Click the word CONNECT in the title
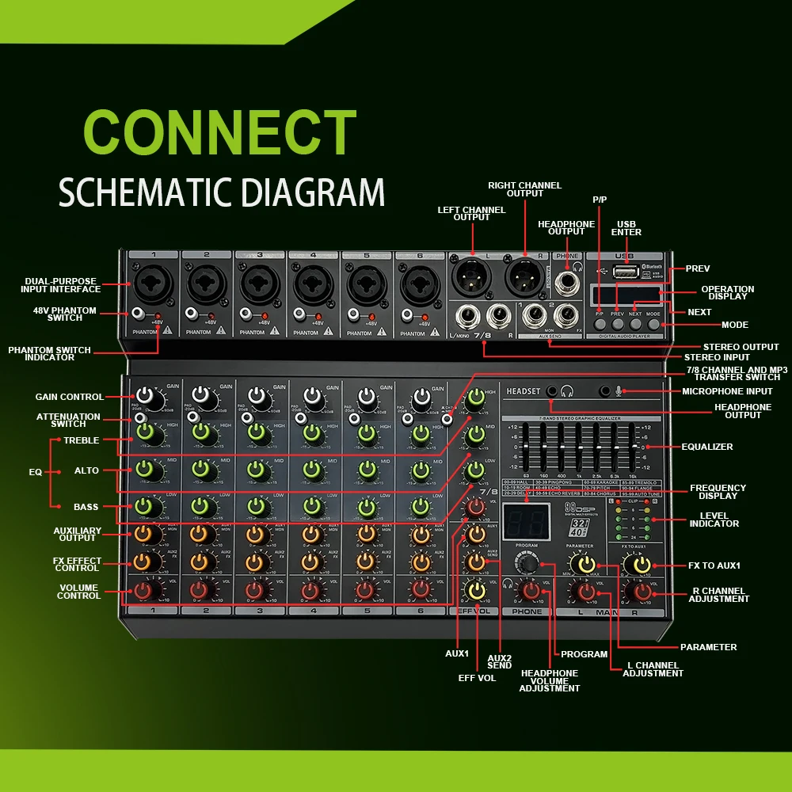pos(219,131)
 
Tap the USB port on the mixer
pos(625,272)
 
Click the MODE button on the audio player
pos(653,323)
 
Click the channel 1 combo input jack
pos(150,282)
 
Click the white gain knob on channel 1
pos(146,396)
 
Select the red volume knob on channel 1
pos(144,590)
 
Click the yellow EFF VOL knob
pos(477,590)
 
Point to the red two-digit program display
pos(521,523)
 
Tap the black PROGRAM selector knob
pos(524,563)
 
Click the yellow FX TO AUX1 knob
pos(638,564)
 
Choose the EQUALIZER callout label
pos(707,447)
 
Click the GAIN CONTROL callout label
pos(69,397)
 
